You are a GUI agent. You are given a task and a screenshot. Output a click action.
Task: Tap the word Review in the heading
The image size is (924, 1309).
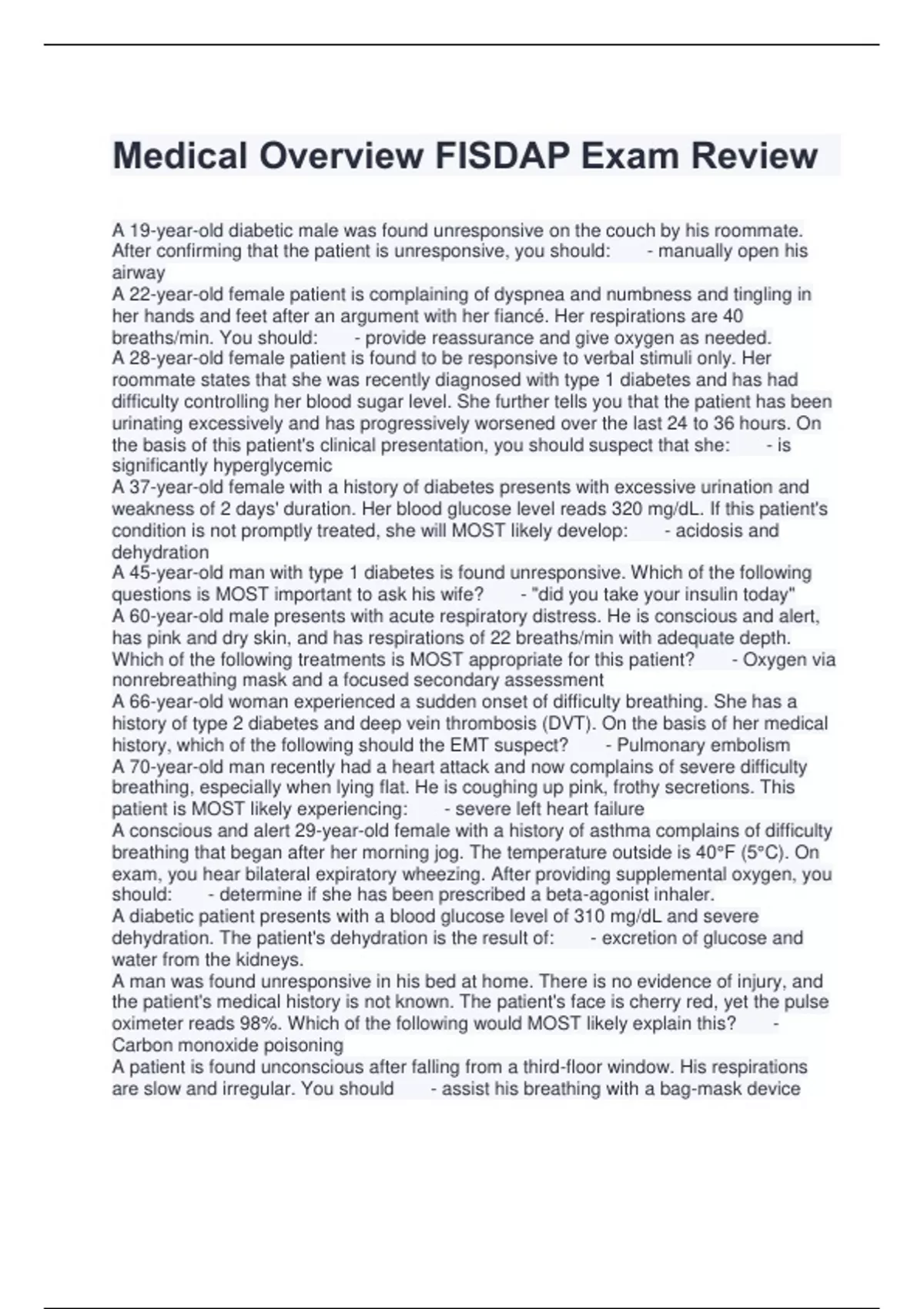click(x=754, y=156)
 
